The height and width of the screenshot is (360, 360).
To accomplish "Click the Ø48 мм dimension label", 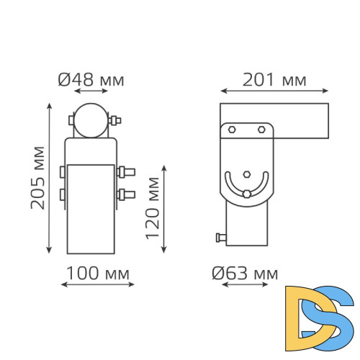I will [90, 79].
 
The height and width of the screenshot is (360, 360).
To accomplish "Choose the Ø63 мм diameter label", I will [245, 273].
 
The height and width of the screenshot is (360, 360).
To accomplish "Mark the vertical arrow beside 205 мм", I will [50, 178].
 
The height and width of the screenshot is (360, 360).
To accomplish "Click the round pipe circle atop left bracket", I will [91, 120].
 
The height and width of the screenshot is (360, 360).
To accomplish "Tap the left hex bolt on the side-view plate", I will [233, 130].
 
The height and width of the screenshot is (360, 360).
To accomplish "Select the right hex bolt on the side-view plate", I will [261, 130].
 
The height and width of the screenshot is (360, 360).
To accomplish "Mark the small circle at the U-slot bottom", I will [247, 193].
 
